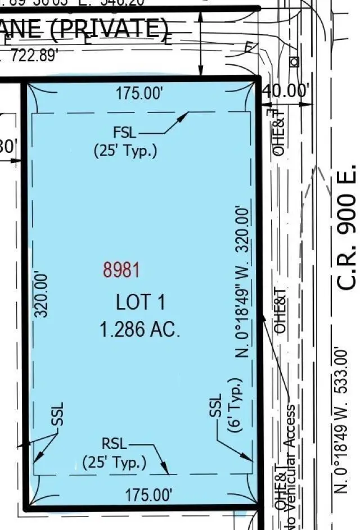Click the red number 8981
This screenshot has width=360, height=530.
[121, 270]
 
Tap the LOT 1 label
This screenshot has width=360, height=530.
[140, 302]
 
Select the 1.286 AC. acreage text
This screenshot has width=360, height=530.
[140, 329]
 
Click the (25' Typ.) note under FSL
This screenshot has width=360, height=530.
[125, 151]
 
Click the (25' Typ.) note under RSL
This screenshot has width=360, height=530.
[115, 463]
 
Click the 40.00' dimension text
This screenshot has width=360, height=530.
[287, 90]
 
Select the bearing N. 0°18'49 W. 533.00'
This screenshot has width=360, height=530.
[341, 422]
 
